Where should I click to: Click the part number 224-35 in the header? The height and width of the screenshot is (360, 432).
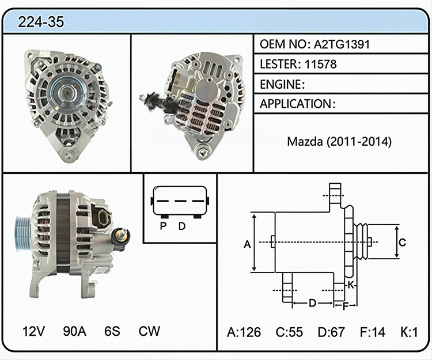pos(41,22)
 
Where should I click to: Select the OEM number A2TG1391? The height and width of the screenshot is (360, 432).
pos(342,44)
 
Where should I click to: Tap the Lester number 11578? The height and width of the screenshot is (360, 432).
pos(321,64)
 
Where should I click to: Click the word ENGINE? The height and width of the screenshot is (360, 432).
pos(281,84)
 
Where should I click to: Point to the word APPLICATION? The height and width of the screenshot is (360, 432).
pos(295,104)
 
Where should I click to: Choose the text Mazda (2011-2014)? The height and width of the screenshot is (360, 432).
pos(339,142)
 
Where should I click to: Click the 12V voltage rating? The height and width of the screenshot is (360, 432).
pos(33,331)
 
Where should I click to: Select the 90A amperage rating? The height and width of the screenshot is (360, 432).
pos(74,331)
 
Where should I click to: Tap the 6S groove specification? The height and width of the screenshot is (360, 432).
pos(112,331)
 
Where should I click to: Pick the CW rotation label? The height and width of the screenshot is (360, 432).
pos(149,331)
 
